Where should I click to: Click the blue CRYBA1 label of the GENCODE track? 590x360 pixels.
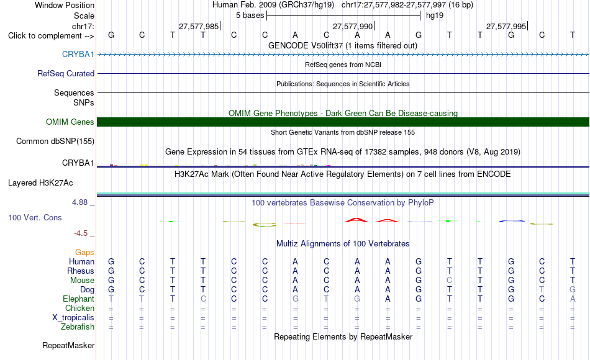click(x=78, y=54)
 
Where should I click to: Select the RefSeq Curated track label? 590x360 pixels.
click(x=66, y=73)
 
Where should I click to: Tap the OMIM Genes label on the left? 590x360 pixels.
click(x=70, y=122)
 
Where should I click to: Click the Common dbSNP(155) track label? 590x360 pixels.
click(x=55, y=141)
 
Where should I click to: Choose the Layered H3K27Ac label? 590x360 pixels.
click(x=40, y=183)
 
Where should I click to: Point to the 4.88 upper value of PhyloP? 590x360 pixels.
click(x=79, y=202)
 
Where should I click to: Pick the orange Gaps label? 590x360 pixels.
click(x=84, y=252)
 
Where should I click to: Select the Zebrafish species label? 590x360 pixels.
click(x=78, y=326)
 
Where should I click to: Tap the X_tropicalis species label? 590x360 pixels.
click(x=73, y=318)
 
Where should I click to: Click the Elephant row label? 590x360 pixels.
click(x=79, y=299)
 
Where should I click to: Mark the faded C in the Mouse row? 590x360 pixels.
click(x=449, y=281)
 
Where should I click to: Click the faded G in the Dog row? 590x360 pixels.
click(x=573, y=290)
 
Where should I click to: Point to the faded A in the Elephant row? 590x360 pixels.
click(x=573, y=299)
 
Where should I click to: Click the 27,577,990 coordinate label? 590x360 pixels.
click(x=353, y=26)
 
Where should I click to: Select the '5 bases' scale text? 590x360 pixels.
click(x=250, y=16)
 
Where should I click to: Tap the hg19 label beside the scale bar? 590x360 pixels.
click(x=435, y=16)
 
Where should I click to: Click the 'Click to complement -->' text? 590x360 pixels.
click(x=51, y=36)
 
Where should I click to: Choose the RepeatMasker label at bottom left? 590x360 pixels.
click(x=68, y=345)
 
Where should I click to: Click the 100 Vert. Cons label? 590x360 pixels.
click(x=35, y=217)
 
